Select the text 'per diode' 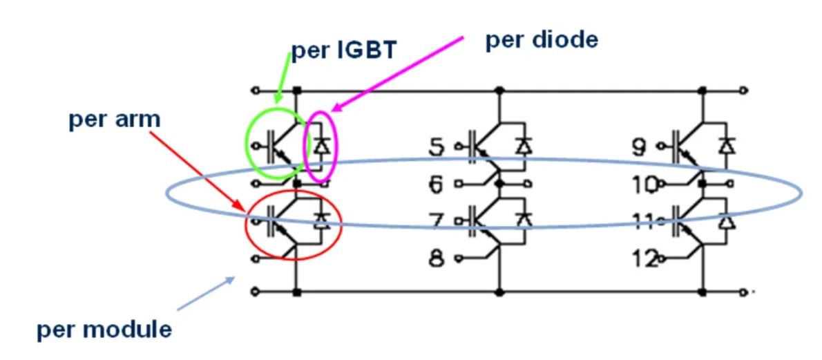tap(541, 39)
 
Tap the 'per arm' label tap(115, 119)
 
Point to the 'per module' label tap(104, 329)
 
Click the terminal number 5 tap(436, 146)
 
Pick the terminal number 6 tap(436, 184)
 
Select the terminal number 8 tap(436, 261)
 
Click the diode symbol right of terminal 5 tap(524, 146)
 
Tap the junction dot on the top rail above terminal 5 tap(499, 90)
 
